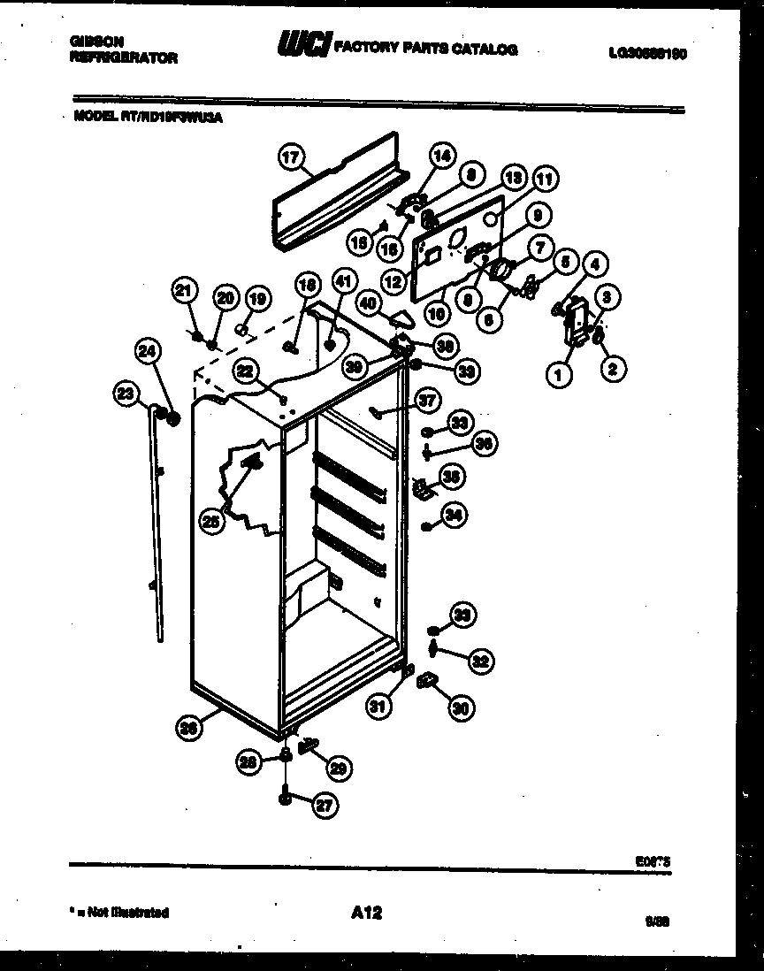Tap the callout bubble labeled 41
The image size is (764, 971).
(x=341, y=282)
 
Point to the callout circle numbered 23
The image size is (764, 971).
(x=126, y=391)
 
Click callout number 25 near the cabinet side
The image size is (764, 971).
(x=210, y=522)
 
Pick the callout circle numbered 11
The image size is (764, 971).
(x=545, y=179)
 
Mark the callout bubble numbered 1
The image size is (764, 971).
(x=558, y=375)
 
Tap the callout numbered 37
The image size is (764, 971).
(x=427, y=402)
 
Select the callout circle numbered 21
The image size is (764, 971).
(x=183, y=290)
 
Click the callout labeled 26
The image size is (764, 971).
(x=187, y=728)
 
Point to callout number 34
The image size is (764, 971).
(x=454, y=516)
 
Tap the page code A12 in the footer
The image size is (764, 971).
(x=365, y=912)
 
